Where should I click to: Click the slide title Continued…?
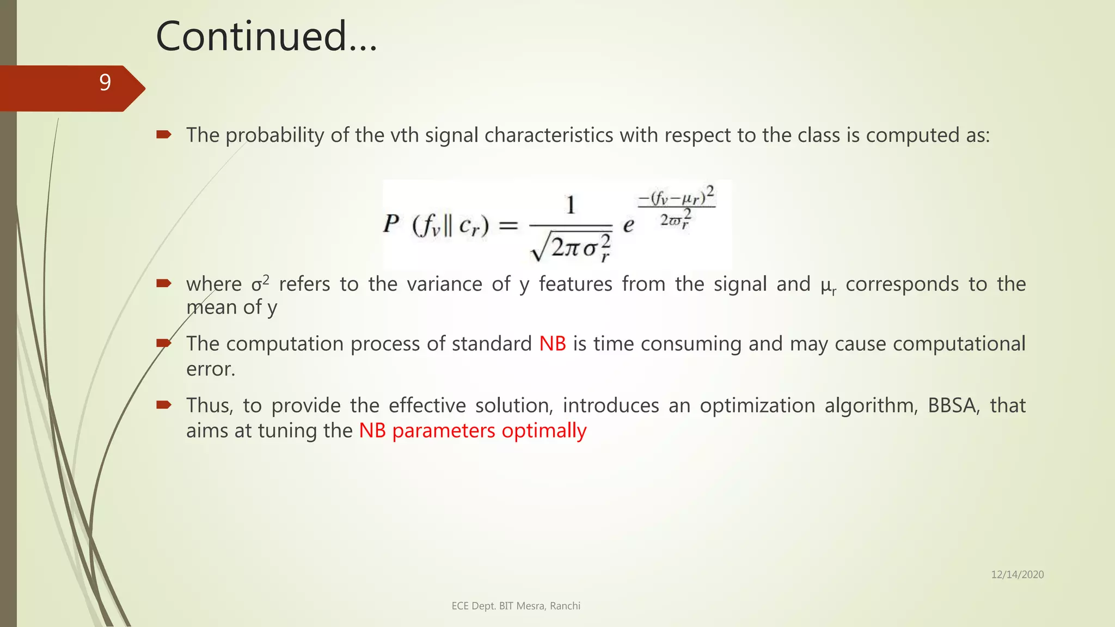(x=266, y=36)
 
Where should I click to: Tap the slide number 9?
(x=105, y=83)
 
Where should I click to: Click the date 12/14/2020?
(x=1017, y=575)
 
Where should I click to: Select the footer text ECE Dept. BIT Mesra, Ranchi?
(x=516, y=606)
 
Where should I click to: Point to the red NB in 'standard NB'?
(x=553, y=344)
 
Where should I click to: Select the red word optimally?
(x=544, y=431)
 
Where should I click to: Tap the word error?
(x=211, y=370)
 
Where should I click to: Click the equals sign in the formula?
(x=508, y=225)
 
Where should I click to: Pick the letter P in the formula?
(x=391, y=224)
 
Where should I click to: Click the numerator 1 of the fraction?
(x=571, y=206)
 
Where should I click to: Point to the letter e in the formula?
(x=628, y=225)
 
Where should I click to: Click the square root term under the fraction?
(x=571, y=248)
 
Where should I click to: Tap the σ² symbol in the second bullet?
(x=260, y=284)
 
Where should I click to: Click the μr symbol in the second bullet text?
(x=828, y=285)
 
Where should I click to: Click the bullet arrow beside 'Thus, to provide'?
(x=164, y=404)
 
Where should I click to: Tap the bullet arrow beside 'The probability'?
(x=164, y=134)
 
